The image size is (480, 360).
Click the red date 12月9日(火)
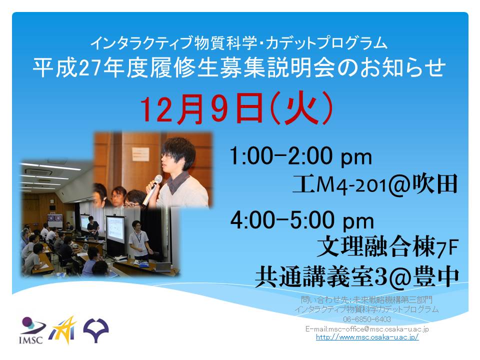[x=236, y=108]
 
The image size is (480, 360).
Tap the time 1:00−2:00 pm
[x=300, y=156]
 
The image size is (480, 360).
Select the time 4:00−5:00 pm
[x=302, y=220]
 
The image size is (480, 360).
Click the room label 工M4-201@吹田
[x=375, y=184]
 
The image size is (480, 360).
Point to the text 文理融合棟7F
[x=387, y=246]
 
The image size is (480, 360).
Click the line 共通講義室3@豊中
[x=357, y=276]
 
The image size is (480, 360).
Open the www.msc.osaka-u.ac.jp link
[x=367, y=337]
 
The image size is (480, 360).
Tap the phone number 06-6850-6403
[x=366, y=319]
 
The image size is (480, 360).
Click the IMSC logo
[x=32, y=330]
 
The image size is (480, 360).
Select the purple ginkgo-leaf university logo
[x=96, y=330]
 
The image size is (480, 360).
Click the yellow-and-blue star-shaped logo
[x=63, y=330]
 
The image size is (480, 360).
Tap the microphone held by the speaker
[x=152, y=190]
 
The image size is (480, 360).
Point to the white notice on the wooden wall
[x=140, y=154]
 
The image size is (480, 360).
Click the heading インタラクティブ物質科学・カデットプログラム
[x=239, y=43]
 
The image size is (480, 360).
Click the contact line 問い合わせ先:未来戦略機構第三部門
[x=366, y=299]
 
